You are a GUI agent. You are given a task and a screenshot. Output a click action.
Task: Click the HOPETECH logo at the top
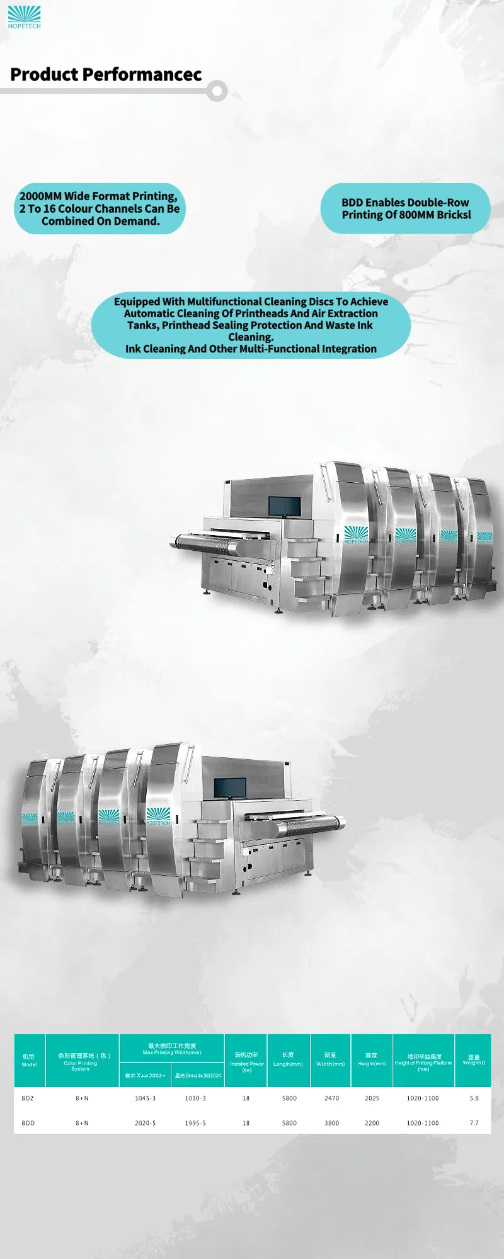(24, 17)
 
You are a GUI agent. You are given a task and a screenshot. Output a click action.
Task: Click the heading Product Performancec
(106, 75)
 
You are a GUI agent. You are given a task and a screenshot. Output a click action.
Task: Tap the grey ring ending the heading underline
(217, 91)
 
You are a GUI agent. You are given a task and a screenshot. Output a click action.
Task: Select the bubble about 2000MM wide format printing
(100, 209)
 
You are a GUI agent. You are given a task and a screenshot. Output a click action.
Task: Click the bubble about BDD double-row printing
(406, 209)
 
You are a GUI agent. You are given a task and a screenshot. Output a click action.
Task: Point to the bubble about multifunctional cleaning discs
(251, 325)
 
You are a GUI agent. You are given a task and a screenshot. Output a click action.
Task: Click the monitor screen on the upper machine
(285, 505)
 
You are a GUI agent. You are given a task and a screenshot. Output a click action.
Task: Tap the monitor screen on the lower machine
(229, 787)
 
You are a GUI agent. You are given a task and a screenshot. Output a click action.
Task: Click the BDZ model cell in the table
(28, 1098)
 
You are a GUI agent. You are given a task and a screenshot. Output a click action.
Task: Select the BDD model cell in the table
(28, 1123)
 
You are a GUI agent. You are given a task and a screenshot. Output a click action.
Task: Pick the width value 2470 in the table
(331, 1098)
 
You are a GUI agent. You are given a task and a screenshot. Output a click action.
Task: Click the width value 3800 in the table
(331, 1123)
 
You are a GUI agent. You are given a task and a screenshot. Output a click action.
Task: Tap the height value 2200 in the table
(372, 1123)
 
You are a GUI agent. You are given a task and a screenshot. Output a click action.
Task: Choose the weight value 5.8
(474, 1098)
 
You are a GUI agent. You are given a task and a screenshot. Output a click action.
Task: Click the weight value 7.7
(474, 1123)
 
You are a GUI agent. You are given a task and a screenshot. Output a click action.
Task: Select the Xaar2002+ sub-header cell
(145, 1076)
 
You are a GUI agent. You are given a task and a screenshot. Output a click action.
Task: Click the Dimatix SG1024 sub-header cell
(198, 1076)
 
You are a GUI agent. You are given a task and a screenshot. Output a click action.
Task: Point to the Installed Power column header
(246, 1061)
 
